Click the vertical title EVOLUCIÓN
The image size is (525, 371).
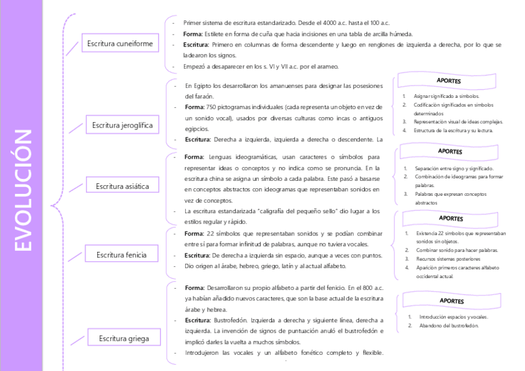coord(22,190)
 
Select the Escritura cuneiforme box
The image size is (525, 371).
coord(119,43)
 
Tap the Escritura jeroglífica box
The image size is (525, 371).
coord(122,125)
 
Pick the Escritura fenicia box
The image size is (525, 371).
coord(121,254)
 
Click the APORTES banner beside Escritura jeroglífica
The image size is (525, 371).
coord(448,81)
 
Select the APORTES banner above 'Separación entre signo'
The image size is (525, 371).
coord(449,151)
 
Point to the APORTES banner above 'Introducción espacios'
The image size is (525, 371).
coord(451,301)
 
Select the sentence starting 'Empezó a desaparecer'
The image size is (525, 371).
coord(261,66)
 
